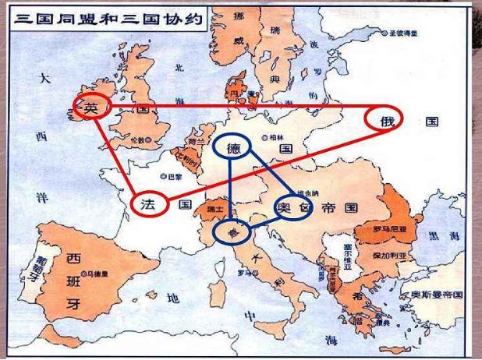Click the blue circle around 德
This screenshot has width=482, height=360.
point(232,146)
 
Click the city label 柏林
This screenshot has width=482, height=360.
point(274,136)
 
